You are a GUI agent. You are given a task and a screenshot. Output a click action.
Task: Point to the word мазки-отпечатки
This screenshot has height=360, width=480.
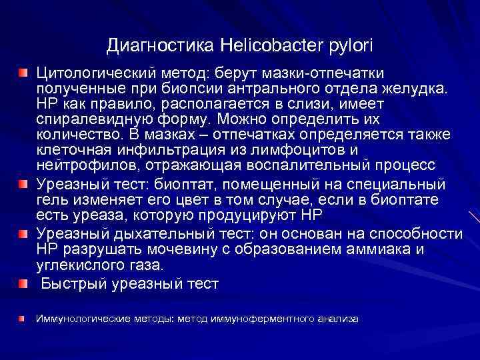(332, 72)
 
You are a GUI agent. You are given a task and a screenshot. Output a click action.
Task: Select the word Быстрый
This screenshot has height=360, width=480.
(69, 283)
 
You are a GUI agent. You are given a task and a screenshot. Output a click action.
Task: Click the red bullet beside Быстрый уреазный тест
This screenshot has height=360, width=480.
(23, 284)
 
